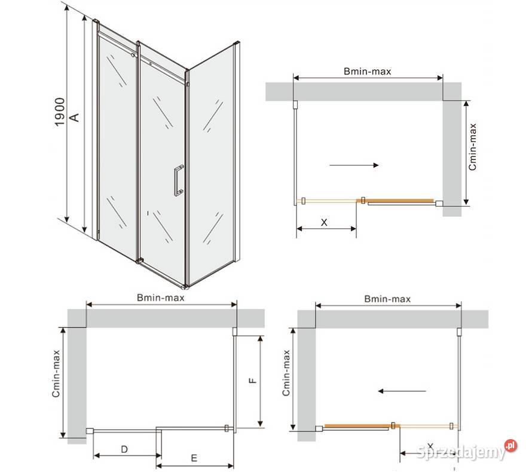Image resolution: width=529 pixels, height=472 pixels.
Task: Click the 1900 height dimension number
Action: [x=59, y=112]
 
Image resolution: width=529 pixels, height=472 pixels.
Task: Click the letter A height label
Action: [x=74, y=117]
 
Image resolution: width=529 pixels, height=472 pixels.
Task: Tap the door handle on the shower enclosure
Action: [x=179, y=180]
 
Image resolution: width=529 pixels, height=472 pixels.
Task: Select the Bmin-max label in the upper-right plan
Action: [x=368, y=72]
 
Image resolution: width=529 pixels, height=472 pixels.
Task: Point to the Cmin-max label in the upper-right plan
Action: [x=472, y=146]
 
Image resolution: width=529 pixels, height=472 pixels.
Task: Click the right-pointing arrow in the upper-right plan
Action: [x=354, y=165]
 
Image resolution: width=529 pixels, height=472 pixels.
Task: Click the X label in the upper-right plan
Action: [x=324, y=222]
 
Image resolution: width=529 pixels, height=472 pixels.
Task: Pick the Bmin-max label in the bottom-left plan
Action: [x=161, y=298]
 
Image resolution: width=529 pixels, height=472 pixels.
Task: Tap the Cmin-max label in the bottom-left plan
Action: [x=56, y=373]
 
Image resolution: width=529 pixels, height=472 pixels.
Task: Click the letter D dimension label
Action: [x=124, y=449]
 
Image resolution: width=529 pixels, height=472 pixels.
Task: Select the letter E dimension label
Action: [x=194, y=458]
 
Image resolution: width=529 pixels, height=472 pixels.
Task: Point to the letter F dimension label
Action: [x=252, y=381]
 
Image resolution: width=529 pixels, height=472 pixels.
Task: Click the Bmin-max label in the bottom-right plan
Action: [x=388, y=299]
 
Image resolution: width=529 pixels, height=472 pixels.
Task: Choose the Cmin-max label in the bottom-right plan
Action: [x=286, y=373]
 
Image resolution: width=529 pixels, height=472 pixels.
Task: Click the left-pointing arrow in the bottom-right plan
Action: [x=402, y=391]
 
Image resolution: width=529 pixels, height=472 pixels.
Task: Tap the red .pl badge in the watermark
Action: [x=511, y=445]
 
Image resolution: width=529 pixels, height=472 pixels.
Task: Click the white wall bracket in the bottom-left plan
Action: [x=90, y=431]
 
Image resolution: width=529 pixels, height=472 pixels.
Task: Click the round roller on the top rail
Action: [x=133, y=55]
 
